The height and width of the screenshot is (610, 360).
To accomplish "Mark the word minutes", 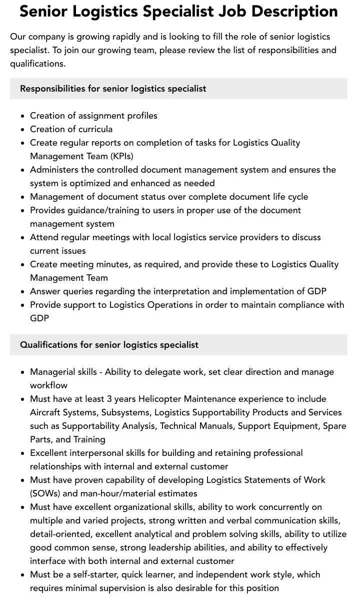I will click(112, 264).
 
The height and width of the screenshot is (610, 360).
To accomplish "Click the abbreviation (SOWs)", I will click(45, 493).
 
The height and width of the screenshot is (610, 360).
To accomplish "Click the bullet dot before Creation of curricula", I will click(23, 130).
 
